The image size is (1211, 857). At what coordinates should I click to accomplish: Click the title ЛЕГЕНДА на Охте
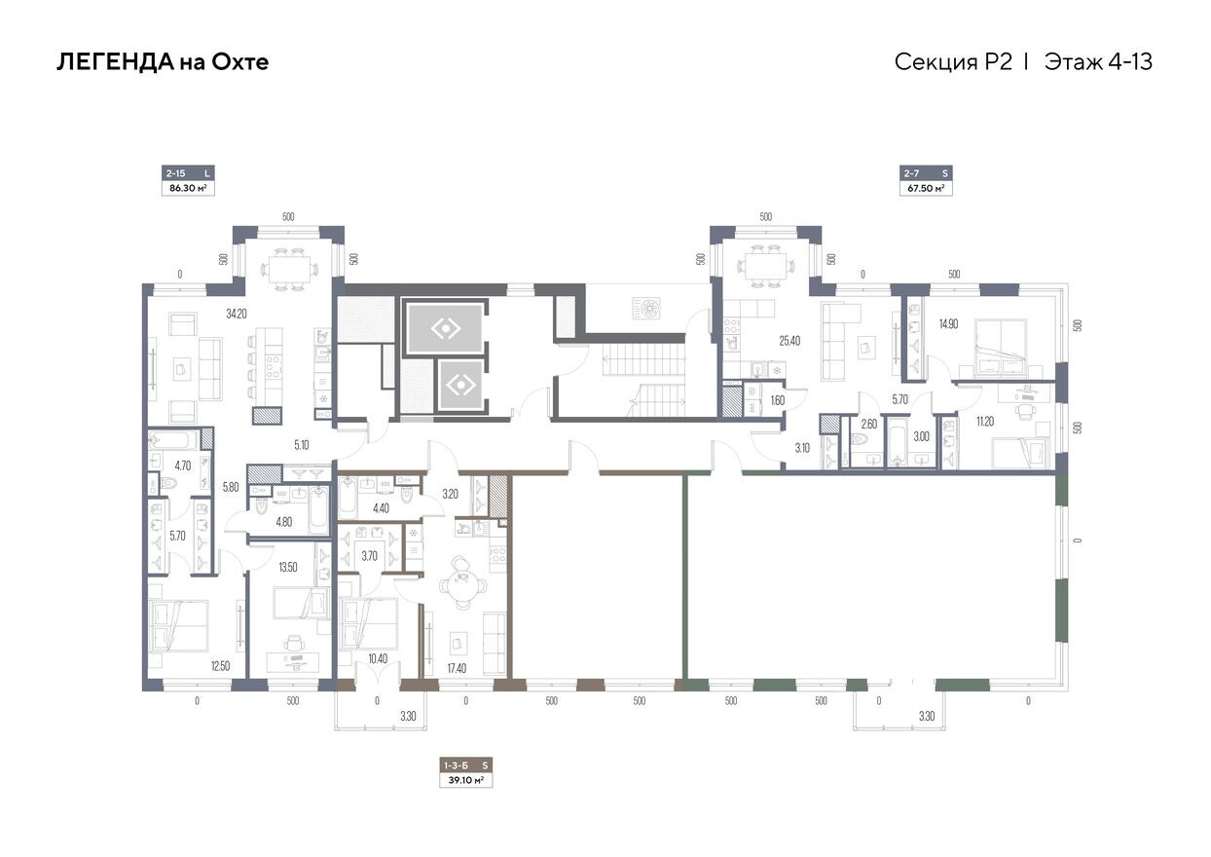163,62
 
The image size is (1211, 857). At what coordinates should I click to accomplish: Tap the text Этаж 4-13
1098,62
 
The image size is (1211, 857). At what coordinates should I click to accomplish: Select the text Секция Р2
953,62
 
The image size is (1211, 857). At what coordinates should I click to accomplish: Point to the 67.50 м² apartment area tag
925,189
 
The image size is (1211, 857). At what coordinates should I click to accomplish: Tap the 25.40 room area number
789,341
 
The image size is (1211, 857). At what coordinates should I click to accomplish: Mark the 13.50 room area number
288,566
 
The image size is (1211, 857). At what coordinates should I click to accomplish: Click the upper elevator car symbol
445,329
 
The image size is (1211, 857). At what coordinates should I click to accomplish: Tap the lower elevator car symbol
458,387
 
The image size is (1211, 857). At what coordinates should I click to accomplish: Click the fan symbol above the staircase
646,307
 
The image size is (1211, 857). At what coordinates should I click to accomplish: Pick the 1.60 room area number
777,399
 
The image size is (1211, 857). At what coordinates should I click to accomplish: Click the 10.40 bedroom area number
378,659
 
